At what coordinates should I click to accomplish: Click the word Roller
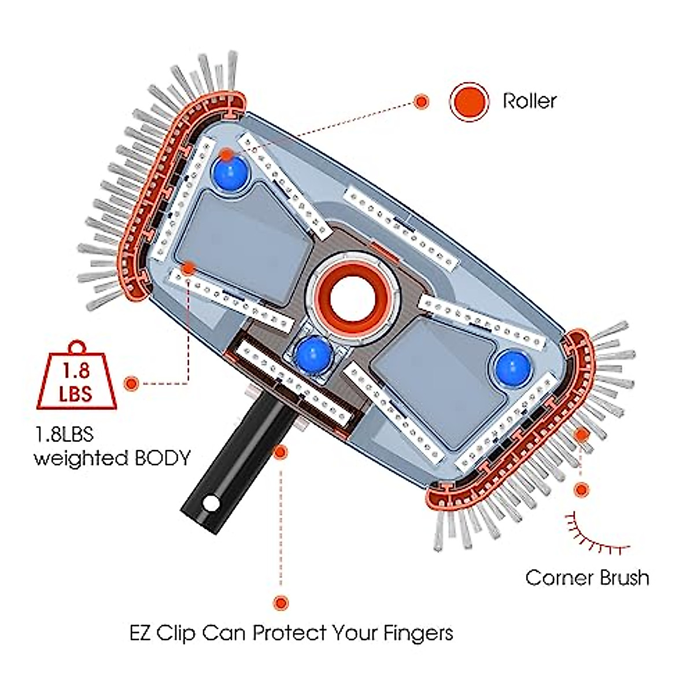coord(529,101)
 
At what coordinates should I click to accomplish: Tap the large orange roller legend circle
coord(469,101)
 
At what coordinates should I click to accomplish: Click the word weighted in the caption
coord(81,459)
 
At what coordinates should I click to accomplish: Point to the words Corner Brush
coord(587,577)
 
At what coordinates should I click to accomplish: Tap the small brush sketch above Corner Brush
coord(596,532)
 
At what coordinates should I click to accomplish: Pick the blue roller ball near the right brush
coord(512,367)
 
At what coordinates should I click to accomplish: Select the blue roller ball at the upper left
coord(230,172)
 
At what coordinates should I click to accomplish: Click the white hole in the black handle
coord(212,504)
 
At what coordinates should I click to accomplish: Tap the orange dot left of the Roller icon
coord(422,102)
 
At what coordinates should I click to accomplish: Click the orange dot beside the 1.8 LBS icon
coord(132,383)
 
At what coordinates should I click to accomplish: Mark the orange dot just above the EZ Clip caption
coord(281,603)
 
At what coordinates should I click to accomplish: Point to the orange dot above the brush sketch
coord(581,489)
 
